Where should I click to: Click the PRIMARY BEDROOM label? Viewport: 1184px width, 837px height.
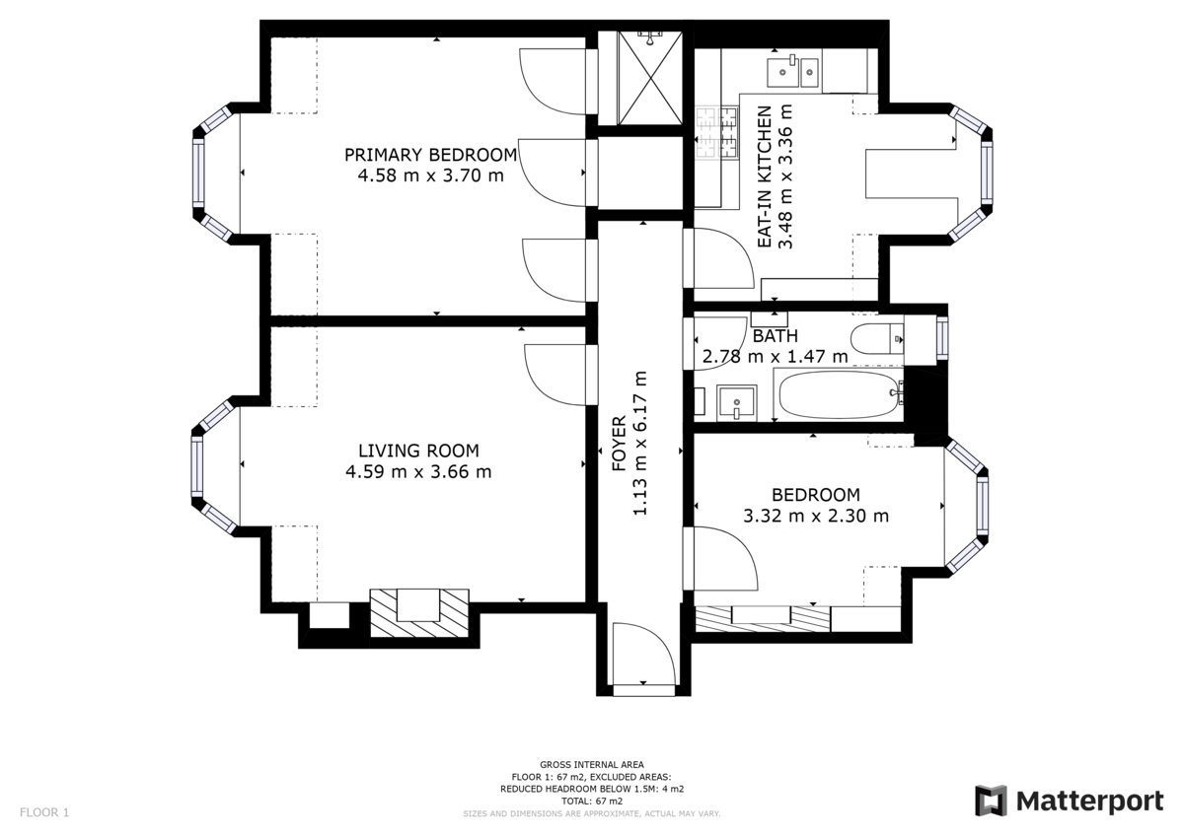[430, 155]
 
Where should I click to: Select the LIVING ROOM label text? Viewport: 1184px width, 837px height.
[418, 450]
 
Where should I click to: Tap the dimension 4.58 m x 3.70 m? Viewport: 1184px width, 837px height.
[430, 176]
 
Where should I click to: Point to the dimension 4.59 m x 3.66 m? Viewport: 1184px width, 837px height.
[418, 471]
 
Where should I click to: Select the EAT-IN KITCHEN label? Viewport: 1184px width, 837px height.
[764, 177]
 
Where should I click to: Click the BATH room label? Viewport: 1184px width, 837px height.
[775, 335]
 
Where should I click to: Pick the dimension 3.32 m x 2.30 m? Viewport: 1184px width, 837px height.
[816, 516]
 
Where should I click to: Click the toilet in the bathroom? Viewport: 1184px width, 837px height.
[876, 339]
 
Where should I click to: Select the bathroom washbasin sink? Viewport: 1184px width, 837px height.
[736, 401]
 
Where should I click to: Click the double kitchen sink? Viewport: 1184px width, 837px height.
[792, 69]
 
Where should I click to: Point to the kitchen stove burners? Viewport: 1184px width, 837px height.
[717, 132]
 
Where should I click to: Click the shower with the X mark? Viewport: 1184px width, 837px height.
[649, 79]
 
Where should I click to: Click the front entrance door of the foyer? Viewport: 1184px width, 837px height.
[642, 656]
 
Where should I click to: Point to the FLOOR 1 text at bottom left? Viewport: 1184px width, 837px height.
[44, 813]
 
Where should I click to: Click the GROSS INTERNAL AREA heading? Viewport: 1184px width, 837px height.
[592, 764]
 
